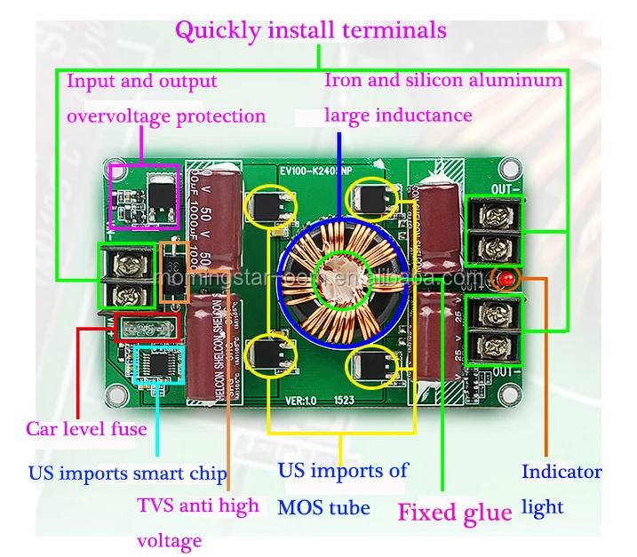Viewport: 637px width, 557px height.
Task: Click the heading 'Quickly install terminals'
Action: pos(310,30)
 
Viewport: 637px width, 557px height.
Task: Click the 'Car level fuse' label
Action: pos(86,429)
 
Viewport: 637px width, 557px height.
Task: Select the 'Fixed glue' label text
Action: pos(454,513)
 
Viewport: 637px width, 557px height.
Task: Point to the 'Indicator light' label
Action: pos(560,489)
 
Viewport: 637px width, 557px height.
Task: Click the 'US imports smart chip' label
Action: pos(128,473)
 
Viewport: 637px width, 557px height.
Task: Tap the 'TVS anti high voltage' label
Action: pos(197,522)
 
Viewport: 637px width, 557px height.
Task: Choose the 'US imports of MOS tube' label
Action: pos(342,489)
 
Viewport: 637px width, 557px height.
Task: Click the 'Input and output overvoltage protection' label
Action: pos(166,99)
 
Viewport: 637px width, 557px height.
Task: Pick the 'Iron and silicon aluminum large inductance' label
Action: pos(442,98)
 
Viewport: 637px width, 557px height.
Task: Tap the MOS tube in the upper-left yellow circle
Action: pos(270,207)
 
